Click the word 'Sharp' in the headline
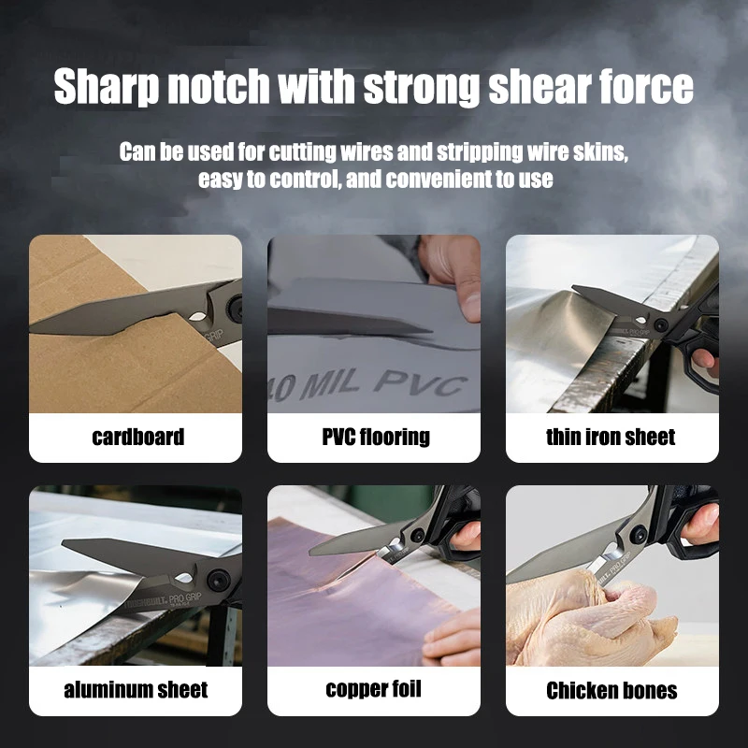pos(106,86)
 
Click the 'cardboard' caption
pos(137,437)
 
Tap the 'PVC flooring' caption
pos(376,437)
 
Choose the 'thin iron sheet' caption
pos(611,437)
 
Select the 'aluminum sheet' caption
pos(136,690)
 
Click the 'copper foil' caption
pos(373,689)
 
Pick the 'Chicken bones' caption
pos(611,690)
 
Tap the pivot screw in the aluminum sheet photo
pos(219,580)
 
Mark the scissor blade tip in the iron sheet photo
pos(574,287)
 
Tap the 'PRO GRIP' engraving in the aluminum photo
pos(185,597)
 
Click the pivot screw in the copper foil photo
pos(418,535)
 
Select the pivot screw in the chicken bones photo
pos(639,534)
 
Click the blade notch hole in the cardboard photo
pos(198,317)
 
